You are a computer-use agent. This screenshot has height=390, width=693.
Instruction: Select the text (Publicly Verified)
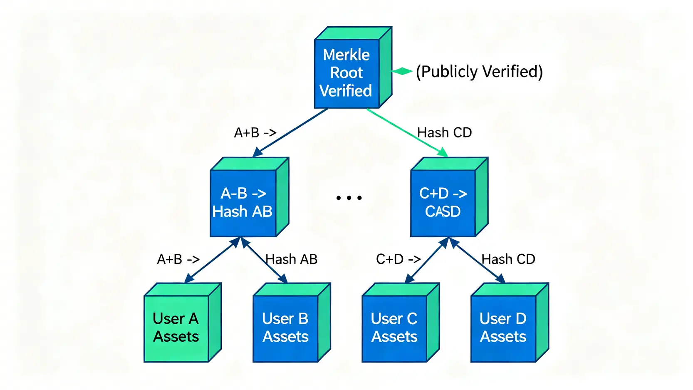coord(479,72)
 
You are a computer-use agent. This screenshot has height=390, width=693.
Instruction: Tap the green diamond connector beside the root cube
coord(402,71)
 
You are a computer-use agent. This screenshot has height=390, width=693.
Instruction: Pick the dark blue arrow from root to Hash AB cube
coord(291,132)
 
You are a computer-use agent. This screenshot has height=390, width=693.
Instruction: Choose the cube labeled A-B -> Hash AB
coord(243,202)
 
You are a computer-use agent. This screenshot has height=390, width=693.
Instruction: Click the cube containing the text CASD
coord(443,202)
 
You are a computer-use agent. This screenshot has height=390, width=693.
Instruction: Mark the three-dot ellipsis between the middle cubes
coord(349,198)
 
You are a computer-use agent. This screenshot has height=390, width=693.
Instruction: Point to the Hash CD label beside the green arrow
coord(445,133)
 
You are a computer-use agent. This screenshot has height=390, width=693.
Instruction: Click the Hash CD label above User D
coord(508,259)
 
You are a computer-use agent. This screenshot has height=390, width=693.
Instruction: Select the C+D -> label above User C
coord(398,259)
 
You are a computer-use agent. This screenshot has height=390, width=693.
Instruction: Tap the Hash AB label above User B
coord(292,259)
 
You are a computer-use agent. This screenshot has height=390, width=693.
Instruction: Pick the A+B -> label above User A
coord(178,259)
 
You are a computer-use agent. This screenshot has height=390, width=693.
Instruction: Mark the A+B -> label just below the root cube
coord(255,133)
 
